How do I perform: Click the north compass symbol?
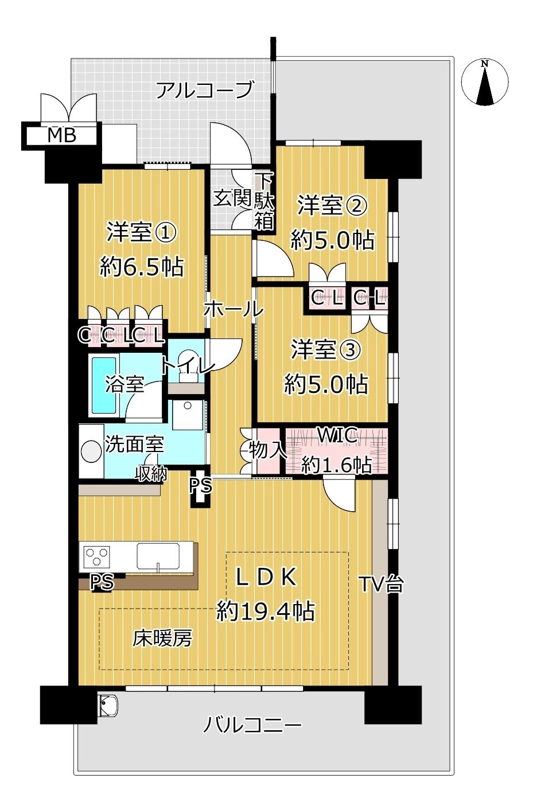[x=485, y=83]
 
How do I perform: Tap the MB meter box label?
[x=62, y=135]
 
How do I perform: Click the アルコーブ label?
[x=204, y=90]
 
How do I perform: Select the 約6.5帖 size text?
[x=142, y=267]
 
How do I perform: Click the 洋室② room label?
[x=332, y=206]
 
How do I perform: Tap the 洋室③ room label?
[x=326, y=350]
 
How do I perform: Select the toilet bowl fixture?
[x=188, y=365]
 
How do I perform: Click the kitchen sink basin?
[x=158, y=556]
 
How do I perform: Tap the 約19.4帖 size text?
[x=266, y=612]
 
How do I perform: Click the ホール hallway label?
[x=234, y=309]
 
